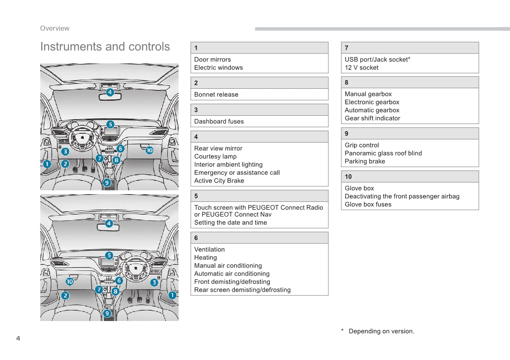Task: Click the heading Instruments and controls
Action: (105, 47)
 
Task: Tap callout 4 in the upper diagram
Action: (110, 92)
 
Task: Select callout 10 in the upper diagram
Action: (149, 150)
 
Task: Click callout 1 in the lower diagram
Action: (172, 295)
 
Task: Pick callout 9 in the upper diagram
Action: (107, 183)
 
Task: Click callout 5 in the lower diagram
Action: (109, 255)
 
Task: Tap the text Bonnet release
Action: (216, 95)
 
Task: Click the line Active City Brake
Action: (219, 181)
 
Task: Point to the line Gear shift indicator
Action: (372, 118)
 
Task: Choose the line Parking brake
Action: (365, 162)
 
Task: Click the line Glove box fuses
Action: (368, 204)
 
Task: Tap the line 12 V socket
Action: (361, 68)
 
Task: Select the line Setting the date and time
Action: (230, 223)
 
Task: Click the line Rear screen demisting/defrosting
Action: (242, 290)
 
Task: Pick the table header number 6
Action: (196, 238)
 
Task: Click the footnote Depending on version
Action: (381, 331)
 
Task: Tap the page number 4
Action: (18, 339)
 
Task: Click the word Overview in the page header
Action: (54, 28)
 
